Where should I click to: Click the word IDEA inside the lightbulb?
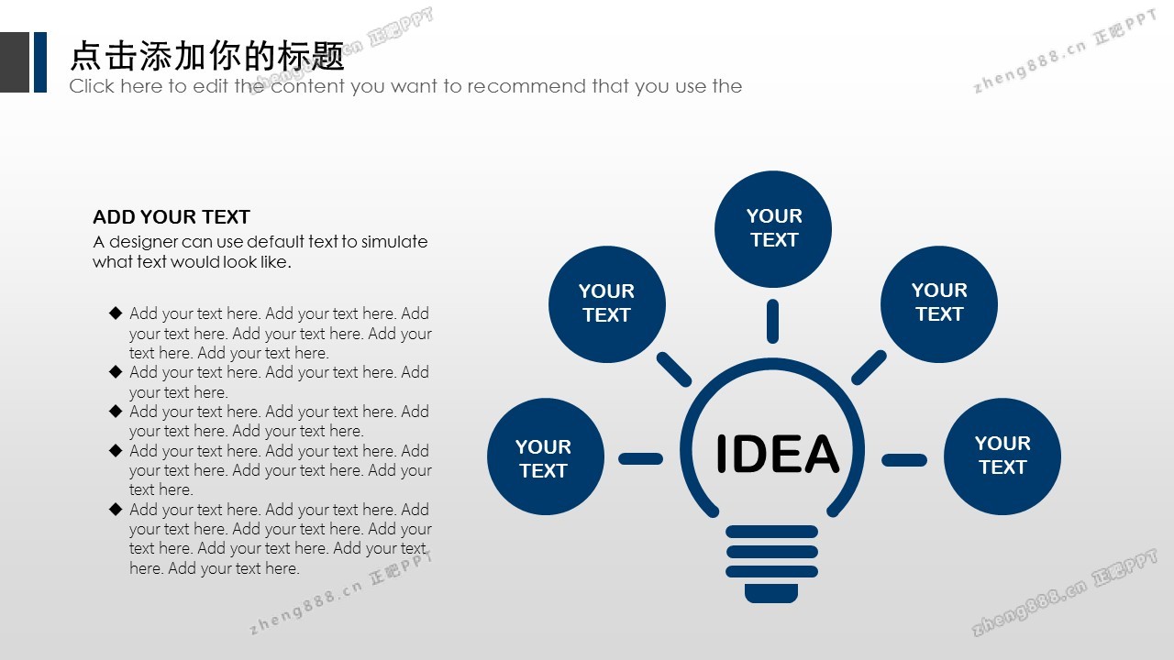777,454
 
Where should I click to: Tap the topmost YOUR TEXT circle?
773,229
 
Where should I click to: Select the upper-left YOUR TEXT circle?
607,304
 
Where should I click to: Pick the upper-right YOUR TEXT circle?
939,304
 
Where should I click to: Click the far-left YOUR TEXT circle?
546,456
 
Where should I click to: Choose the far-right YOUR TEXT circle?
1002,456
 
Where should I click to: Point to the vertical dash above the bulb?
772,321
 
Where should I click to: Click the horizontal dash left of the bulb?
640,459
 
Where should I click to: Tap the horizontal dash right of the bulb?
904,460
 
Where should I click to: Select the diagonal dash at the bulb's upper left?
674,369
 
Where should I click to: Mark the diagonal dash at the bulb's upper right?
869,368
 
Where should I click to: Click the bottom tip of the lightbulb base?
771,602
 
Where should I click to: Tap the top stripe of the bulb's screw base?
772,532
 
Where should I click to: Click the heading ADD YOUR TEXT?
172,217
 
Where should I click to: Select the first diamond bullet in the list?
116,313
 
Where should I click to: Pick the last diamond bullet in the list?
116,509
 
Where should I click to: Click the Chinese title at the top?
207,56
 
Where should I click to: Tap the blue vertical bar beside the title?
40,62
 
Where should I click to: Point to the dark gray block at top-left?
15,62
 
